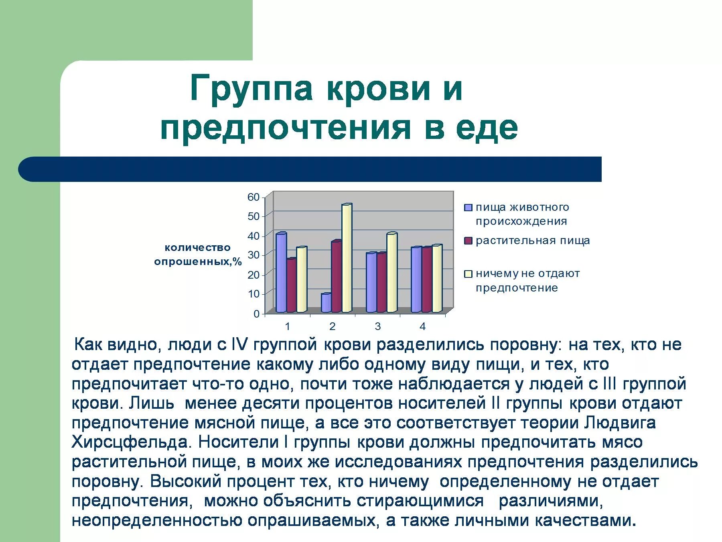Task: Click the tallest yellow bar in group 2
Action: [347, 259]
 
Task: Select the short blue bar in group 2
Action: [326, 303]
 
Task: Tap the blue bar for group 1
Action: [281, 273]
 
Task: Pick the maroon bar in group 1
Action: [292, 286]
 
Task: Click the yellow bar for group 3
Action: [391, 273]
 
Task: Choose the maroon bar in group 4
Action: [426, 280]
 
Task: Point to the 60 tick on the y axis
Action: [254, 197]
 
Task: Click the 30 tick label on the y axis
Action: [254, 255]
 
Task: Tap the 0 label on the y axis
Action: [257, 314]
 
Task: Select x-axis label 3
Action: [377, 326]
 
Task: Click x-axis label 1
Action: [287, 326]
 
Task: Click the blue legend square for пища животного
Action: [468, 208]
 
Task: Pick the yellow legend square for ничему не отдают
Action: [468, 274]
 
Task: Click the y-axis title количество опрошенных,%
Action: [198, 255]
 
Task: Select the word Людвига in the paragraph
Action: [620, 422]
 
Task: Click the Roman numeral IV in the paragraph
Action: [240, 344]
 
